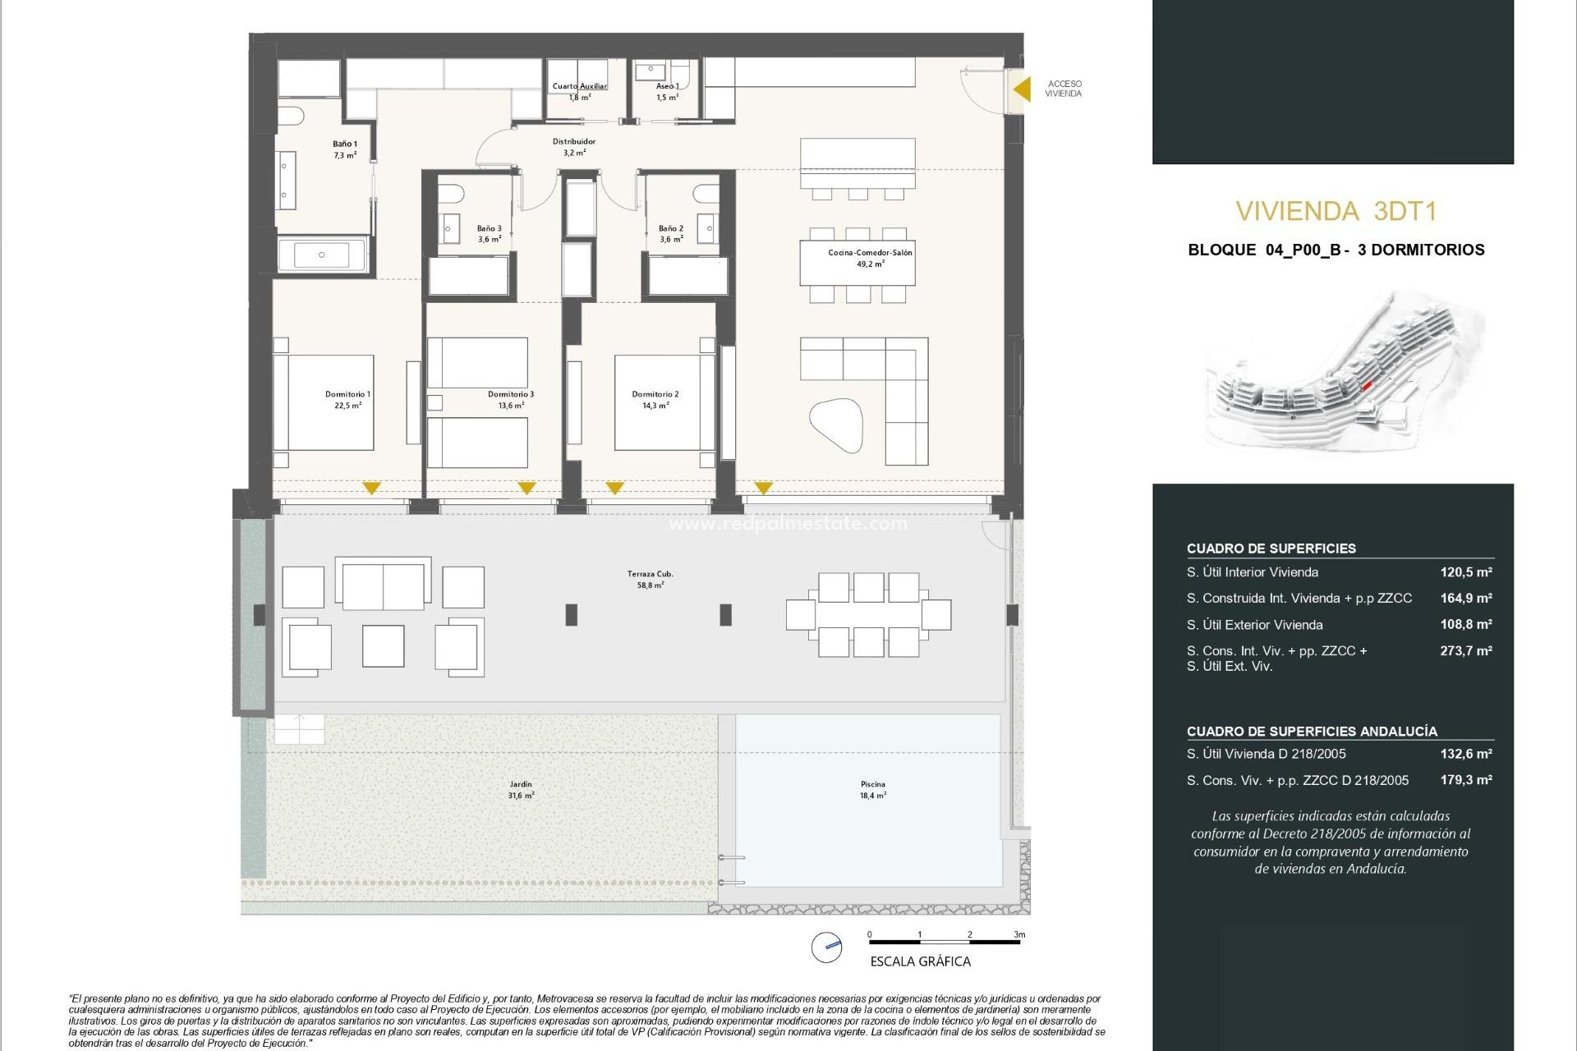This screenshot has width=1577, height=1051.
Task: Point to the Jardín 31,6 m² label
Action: [521, 790]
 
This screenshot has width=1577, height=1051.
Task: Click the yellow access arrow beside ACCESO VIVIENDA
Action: [1022, 89]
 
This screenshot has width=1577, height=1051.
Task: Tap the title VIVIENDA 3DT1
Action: [1336, 212]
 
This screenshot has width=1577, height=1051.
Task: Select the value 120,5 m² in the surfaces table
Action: [1465, 572]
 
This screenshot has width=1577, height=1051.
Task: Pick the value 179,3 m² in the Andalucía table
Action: [1465, 780]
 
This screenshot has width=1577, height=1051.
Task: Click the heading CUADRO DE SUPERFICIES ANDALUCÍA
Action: [1311, 732]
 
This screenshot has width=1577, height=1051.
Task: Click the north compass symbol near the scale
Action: [826, 948]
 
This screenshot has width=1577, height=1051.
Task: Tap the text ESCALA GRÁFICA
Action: [920, 962]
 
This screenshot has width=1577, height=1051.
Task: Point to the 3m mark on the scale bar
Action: [1018, 935]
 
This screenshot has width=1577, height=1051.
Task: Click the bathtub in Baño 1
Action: [321, 255]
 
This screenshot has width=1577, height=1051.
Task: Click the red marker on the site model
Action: [1367, 385]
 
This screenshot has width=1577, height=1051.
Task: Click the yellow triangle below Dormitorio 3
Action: [526, 488]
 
